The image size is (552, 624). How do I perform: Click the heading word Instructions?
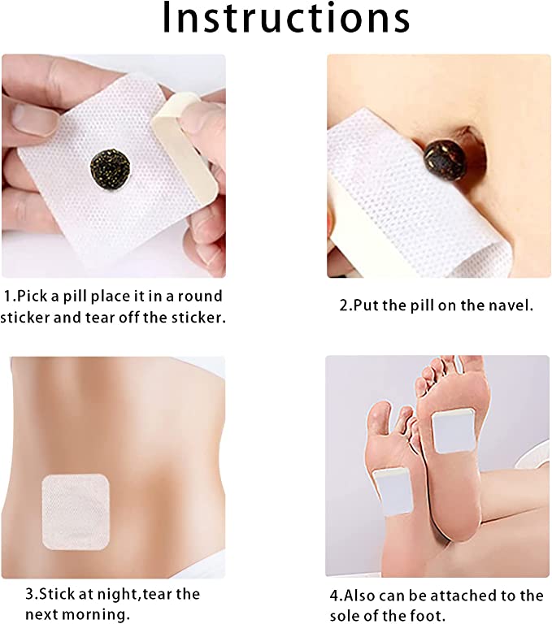pos(286,18)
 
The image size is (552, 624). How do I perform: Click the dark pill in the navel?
pos(445,155)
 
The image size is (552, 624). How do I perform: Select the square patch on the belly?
pos(76,512)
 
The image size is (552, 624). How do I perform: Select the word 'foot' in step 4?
pos(428,615)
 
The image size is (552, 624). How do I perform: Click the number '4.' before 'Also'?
pos(336,596)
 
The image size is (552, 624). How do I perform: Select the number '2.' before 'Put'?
pos(346,305)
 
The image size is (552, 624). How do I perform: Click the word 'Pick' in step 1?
pos(33,296)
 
